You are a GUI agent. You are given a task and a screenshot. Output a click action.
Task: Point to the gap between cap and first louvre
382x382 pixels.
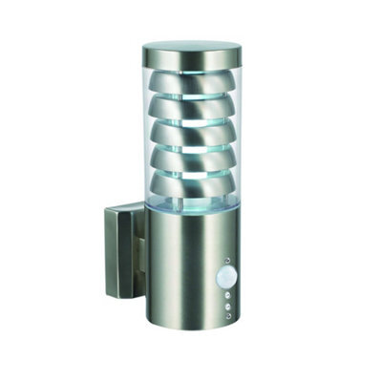coord(191,69)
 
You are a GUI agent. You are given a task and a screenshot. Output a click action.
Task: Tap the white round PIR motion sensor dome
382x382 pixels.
coord(226,276)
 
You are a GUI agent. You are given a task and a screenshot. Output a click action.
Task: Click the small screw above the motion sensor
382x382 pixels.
coord(226,259)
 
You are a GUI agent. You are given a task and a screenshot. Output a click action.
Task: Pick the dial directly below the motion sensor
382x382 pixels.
coord(227,293)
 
